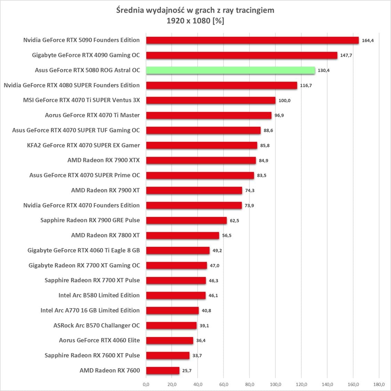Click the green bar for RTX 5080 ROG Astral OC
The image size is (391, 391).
(x=230, y=70)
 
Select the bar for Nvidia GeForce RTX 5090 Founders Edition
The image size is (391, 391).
(x=252, y=40)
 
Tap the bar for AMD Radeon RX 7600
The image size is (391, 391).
(x=163, y=370)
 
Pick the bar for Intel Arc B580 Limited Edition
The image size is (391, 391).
(x=176, y=295)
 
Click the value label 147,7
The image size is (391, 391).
(x=346, y=55)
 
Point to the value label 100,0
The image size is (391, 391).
(x=284, y=100)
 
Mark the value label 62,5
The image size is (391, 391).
(x=235, y=220)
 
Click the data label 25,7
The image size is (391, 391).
(x=187, y=370)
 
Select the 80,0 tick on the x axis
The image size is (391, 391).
(x=250, y=384)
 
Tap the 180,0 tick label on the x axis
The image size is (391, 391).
(x=379, y=384)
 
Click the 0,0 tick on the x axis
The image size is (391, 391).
(x=146, y=384)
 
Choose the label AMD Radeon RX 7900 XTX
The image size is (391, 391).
(x=104, y=160)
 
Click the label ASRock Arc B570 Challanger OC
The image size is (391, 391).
(x=97, y=325)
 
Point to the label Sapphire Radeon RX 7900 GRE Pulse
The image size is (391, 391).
(x=90, y=220)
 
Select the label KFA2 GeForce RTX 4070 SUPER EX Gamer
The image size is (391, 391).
(x=83, y=145)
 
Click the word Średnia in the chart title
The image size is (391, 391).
(x=129, y=10)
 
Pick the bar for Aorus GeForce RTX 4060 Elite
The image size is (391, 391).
(x=170, y=341)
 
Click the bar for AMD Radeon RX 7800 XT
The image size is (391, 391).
(x=182, y=235)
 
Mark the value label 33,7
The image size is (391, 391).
(x=197, y=356)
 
